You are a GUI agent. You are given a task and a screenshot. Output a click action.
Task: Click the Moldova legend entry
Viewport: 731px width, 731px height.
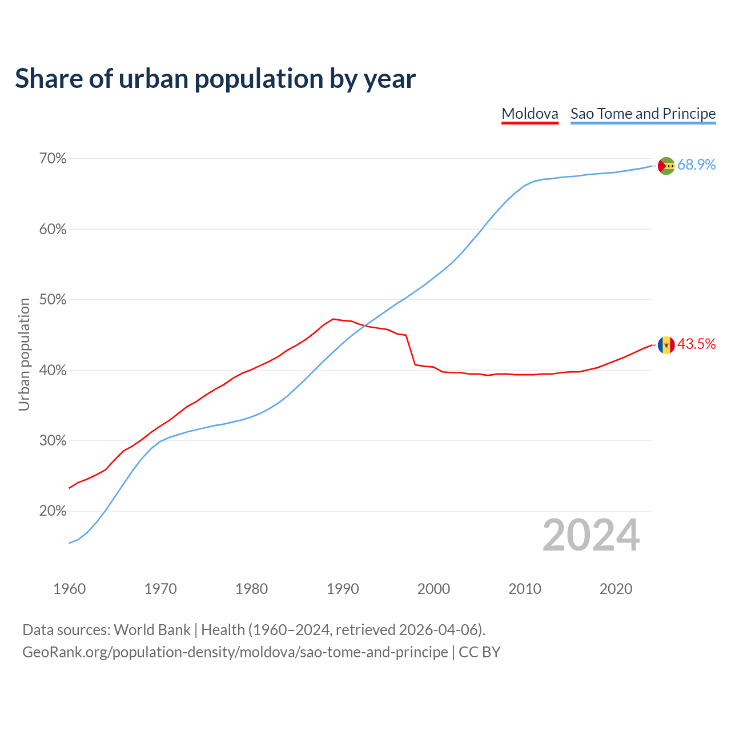pyautogui.click(x=529, y=114)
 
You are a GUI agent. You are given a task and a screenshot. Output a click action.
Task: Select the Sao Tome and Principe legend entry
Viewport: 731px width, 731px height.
pyautogui.click(x=642, y=114)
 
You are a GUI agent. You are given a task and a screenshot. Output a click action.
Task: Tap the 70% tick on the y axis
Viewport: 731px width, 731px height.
pyautogui.click(x=53, y=159)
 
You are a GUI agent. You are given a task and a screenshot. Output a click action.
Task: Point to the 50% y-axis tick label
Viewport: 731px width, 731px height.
pyautogui.click(x=53, y=300)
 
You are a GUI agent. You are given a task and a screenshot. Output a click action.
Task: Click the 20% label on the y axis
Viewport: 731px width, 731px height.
pyautogui.click(x=53, y=511)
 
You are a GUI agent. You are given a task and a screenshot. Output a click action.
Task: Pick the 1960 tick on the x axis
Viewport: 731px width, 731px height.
pyautogui.click(x=69, y=589)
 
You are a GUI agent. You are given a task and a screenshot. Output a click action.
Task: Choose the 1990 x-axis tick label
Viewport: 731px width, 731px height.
pyautogui.click(x=343, y=589)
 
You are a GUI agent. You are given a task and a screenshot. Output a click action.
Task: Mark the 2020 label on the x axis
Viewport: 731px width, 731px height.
pyautogui.click(x=616, y=589)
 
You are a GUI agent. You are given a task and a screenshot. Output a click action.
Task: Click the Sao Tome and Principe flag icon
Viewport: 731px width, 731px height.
pyautogui.click(x=666, y=166)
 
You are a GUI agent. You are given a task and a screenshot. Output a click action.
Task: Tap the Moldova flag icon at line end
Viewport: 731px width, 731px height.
pyautogui.click(x=666, y=345)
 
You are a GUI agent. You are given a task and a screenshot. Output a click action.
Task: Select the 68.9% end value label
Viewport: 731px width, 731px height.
pyautogui.click(x=696, y=165)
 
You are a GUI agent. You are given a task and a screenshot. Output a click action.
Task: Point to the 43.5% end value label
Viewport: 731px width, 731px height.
pyautogui.click(x=696, y=344)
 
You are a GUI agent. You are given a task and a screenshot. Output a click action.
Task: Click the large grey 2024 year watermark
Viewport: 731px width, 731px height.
pyautogui.click(x=591, y=535)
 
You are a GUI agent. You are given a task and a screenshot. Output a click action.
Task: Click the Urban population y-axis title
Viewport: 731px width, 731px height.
pyautogui.click(x=24, y=354)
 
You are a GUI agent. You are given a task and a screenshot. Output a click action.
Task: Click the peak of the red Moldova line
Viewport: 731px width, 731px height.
pyautogui.click(x=334, y=319)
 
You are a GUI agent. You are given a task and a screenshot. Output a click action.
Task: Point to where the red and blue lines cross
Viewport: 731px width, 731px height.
pyautogui.click(x=363, y=326)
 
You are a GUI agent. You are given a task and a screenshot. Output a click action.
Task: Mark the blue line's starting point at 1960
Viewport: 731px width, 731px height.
pyautogui.click(x=69, y=543)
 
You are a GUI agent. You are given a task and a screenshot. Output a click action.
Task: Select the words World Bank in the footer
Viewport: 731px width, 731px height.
pyautogui.click(x=152, y=630)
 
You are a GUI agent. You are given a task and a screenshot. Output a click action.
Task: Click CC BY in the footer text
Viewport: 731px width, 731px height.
pyautogui.click(x=480, y=652)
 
